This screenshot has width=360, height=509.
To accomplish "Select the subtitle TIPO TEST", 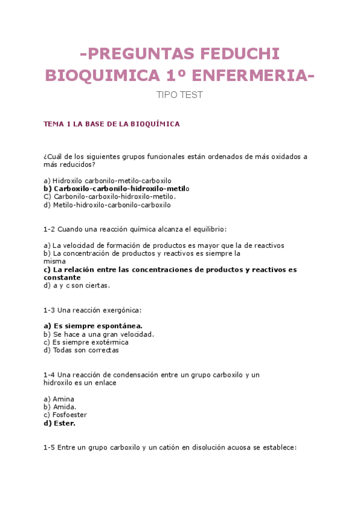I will point(179,95).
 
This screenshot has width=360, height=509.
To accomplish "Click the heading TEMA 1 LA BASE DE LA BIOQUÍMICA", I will point(112,124).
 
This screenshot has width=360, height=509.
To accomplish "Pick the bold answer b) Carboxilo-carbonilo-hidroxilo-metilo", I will point(116,188).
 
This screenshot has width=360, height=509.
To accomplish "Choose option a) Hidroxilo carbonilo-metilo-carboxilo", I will point(107,180).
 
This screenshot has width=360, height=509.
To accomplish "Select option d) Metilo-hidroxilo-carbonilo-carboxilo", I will point(107,205).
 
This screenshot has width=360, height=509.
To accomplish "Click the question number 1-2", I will point(49,229).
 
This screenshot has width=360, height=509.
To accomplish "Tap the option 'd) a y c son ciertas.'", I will point(77,286).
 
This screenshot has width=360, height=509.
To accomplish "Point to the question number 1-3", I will point(49,310).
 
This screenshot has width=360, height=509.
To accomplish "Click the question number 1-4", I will point(49,375).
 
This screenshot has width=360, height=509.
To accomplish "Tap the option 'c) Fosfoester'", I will point(65,415).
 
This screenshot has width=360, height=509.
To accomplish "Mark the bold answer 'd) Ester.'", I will point(59,423).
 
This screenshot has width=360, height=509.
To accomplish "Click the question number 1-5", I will point(49,447).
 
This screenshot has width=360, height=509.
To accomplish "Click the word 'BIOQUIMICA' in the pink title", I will point(101,76).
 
